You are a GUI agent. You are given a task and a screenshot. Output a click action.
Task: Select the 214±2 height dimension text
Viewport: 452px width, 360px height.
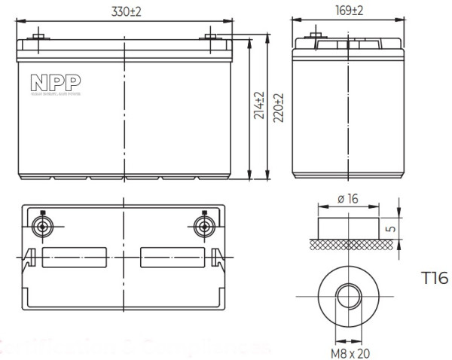tap(259, 107)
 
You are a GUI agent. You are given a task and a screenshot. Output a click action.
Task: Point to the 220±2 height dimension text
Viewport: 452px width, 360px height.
tap(277, 107)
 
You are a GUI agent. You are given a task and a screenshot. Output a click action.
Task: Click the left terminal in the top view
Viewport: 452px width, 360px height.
tap(43, 227)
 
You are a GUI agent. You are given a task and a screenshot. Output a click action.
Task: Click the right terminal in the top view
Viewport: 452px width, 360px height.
tap(203, 227)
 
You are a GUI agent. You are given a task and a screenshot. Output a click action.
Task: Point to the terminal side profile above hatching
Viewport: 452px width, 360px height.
tap(347, 227)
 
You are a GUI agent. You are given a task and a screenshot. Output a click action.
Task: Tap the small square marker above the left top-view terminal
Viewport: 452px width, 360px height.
tap(43, 212)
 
